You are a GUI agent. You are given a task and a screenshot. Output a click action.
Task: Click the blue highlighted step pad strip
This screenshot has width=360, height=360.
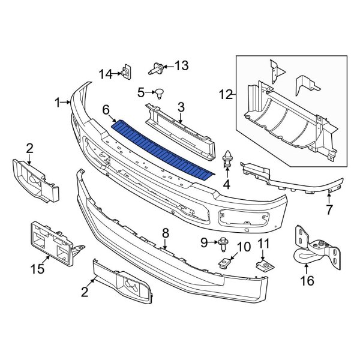coord(163,149)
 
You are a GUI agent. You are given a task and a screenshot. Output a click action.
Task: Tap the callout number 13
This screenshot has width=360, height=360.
coord(182,65)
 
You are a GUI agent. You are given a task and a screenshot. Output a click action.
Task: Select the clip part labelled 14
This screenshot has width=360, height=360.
coord(127,71)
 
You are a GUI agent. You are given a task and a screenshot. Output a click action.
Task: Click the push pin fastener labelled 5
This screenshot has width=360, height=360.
coord(159,93)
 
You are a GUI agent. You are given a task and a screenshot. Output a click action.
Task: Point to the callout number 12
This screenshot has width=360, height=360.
coord(226,94)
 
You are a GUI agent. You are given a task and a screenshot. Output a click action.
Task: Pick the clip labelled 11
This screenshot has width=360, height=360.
coord(265,266)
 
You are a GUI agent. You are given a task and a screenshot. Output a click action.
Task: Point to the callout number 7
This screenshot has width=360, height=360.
coord(329,209)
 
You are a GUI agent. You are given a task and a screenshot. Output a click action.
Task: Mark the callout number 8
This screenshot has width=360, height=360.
coord(166,233)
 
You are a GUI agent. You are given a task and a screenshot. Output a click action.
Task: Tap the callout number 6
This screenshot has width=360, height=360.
coord(106,110)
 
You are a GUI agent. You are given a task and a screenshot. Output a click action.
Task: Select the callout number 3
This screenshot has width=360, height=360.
coord(181,107)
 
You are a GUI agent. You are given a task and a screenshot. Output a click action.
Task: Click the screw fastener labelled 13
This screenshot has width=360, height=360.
coord(156,68)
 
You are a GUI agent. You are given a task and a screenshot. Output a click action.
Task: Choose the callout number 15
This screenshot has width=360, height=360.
coord(37,269)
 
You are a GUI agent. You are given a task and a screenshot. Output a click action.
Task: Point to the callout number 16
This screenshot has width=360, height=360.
coord(307,281)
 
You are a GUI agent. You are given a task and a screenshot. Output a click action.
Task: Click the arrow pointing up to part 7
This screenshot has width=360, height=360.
coord(329,199)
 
